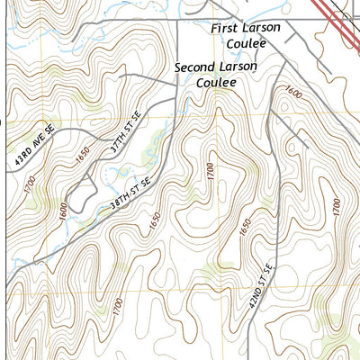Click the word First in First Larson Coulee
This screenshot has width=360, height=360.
[224, 29]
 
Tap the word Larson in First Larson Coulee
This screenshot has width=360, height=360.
[260, 28]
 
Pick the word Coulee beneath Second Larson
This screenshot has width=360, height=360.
[216, 82]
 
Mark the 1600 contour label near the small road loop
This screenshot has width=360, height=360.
[61, 210]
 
